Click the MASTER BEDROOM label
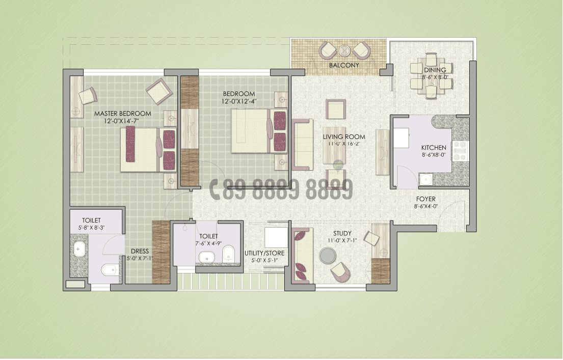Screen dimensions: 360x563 123,113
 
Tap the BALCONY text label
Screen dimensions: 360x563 344,65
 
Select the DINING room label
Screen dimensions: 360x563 435,70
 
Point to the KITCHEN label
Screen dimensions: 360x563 434,148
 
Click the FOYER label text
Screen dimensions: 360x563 425,199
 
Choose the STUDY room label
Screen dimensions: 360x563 342,234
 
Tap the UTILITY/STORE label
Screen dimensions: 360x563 264,253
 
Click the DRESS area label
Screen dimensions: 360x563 140,251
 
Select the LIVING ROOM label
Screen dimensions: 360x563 344,137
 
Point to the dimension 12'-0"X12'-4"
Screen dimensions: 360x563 239,101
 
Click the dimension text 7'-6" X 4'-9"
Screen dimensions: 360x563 209,243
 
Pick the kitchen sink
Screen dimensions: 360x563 424,179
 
